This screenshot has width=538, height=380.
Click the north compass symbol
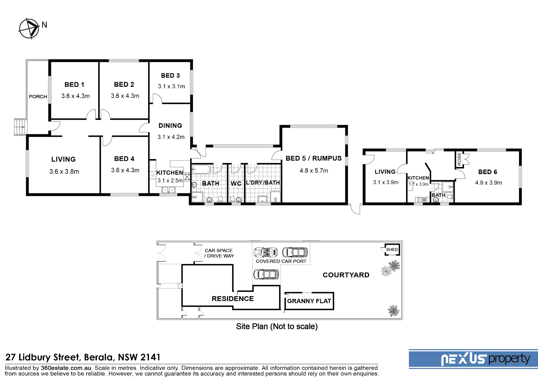29,28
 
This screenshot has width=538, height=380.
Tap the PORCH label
38,96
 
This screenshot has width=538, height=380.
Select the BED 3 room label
170,76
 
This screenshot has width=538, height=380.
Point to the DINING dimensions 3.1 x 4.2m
171,137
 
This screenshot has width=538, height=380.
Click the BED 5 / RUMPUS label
314,158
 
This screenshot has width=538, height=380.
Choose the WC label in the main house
236,184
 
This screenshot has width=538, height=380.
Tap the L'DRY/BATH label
263,182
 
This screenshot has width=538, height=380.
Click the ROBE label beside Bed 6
459,159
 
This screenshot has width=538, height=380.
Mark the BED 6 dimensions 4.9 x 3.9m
489,183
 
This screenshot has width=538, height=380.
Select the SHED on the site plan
392,249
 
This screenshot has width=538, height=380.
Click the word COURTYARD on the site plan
346,275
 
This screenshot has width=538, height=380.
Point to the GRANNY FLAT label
309,301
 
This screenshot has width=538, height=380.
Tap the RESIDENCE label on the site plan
233,299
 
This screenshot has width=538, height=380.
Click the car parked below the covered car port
266,274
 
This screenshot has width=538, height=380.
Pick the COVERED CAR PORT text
281,261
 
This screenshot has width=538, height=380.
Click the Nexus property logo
473,359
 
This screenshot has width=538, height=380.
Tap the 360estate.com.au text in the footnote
66,368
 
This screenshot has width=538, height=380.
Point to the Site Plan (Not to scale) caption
277,326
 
